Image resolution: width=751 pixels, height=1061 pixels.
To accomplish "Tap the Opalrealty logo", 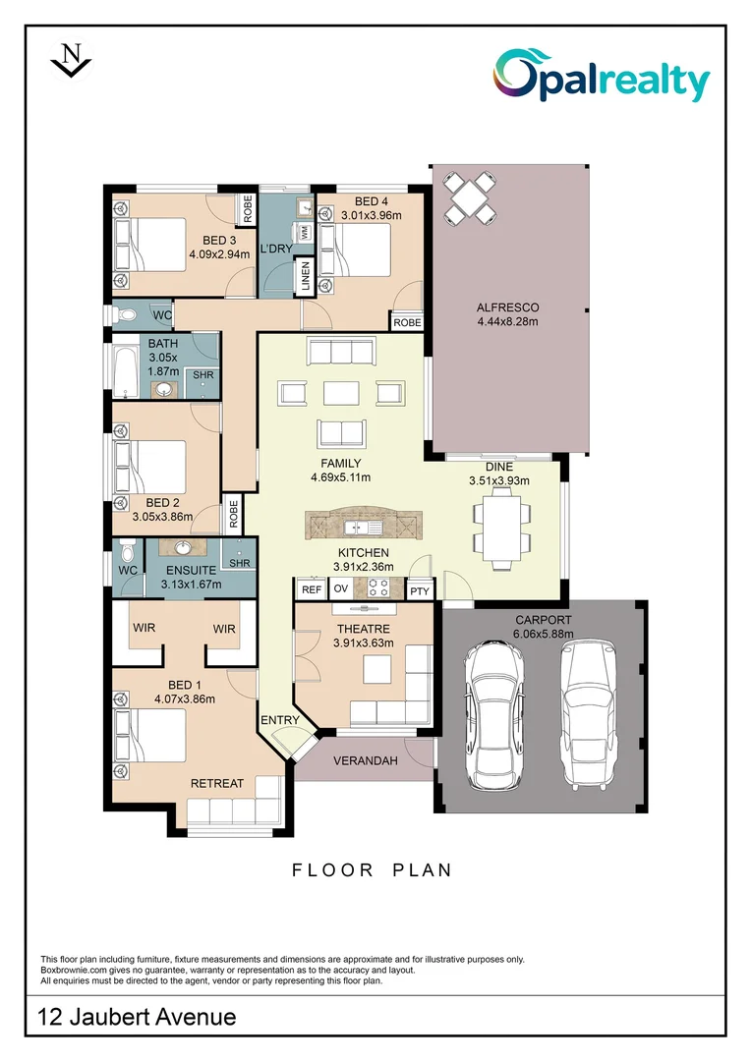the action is [602, 76].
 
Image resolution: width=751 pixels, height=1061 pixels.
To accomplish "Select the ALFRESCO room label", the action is [508, 307].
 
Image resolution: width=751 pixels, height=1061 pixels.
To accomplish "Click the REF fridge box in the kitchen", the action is [312, 589].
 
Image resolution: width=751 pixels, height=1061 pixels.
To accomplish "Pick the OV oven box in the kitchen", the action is [341, 588].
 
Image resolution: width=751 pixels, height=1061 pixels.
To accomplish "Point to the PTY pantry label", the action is [420, 590].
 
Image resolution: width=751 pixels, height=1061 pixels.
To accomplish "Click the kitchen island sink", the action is [363, 527].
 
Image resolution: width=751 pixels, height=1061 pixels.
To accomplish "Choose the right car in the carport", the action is [588, 714].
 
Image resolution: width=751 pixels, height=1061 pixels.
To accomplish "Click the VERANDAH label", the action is [366, 760].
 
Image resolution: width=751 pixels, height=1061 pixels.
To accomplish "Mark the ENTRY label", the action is [280, 720].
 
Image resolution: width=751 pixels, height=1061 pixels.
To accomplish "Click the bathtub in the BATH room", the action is [125, 373].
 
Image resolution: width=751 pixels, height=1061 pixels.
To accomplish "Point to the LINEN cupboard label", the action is [306, 276].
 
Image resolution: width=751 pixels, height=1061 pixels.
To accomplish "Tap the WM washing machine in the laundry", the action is [304, 232].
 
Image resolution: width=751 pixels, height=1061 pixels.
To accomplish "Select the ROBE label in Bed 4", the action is [407, 323].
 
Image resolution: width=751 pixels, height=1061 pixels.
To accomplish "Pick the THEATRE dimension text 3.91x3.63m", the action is [363, 642].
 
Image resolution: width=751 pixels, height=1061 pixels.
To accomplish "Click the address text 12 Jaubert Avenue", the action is [137, 1017].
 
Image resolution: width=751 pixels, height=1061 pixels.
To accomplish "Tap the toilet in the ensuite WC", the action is [128, 551].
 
